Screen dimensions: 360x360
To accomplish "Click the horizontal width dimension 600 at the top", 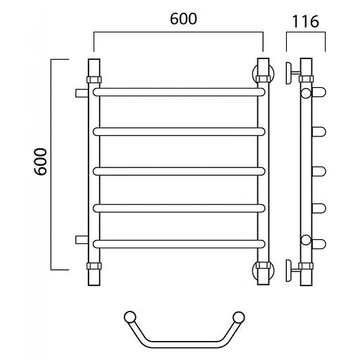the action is pos(184,19).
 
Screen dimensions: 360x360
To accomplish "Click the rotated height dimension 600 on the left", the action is pos(41,162).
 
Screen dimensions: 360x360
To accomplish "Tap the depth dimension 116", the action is pos(305,22).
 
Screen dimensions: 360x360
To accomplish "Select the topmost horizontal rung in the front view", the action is pos(179,92).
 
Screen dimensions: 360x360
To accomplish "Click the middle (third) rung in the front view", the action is pos(179,172).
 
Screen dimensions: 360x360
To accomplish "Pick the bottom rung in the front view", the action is pos(179,244).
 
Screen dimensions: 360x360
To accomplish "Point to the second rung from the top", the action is pos(179,131).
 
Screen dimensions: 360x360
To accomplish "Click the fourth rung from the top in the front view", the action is pos(179,208).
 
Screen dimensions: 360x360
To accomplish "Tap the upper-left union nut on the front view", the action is pos(94,79).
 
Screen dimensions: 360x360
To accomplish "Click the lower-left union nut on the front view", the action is pos(94,266).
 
